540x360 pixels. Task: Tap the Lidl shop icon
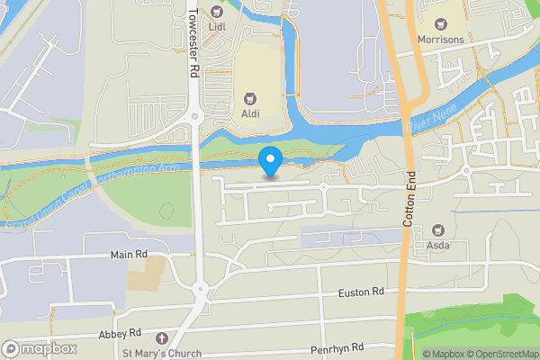[x=216, y=12]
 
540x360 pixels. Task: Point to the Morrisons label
[x=441, y=40]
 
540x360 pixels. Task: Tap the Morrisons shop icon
[x=441, y=24]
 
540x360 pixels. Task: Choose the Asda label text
[x=439, y=245]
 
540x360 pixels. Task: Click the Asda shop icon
[x=439, y=230]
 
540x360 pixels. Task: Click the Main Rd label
[x=129, y=256]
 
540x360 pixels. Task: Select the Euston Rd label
[x=361, y=292]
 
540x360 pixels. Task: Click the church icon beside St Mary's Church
[x=162, y=338]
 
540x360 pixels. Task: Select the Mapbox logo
[x=38, y=348]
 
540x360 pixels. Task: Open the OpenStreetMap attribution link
[x=500, y=353]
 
